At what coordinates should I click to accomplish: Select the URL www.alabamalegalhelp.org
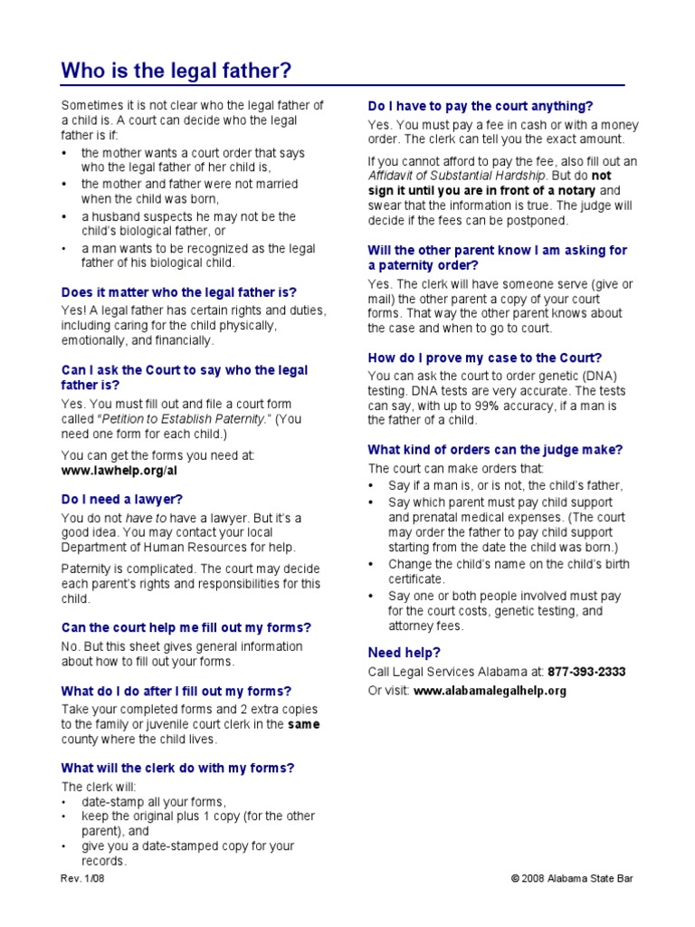pyautogui.click(x=490, y=691)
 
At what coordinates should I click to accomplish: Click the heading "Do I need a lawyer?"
pyautogui.click(x=122, y=499)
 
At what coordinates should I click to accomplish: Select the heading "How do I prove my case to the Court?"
pyautogui.click(x=484, y=358)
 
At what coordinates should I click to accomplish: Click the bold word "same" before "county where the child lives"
pyautogui.click(x=303, y=724)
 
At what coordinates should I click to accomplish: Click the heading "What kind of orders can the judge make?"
pyautogui.click(x=495, y=450)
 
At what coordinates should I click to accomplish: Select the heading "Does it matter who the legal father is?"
pyautogui.click(x=178, y=292)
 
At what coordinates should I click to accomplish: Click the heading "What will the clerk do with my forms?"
pyautogui.click(x=177, y=768)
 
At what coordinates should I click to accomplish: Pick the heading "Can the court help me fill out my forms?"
pyautogui.click(x=186, y=627)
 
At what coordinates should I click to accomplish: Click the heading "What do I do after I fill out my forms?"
pyautogui.click(x=176, y=691)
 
